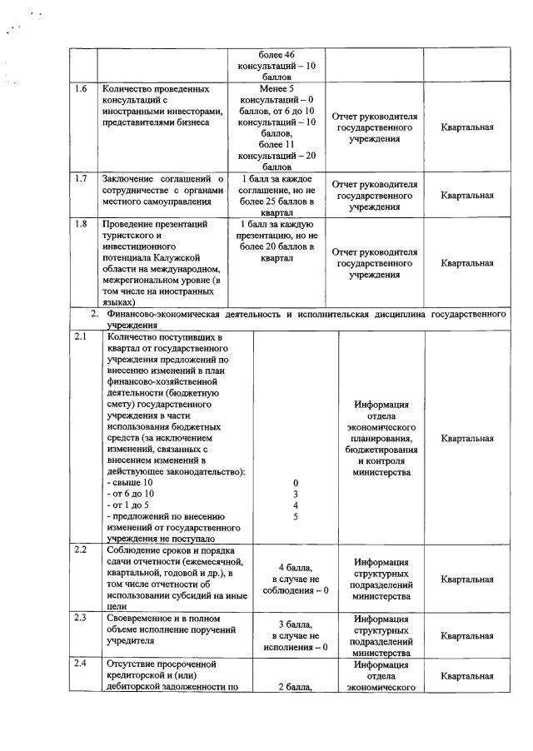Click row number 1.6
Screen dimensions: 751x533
[81, 87]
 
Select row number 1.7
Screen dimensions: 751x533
[81, 178]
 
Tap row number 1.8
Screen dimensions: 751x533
[81, 224]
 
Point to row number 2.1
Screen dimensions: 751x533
[81, 336]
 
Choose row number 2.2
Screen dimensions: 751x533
[81, 550]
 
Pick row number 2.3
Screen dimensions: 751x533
[81, 618]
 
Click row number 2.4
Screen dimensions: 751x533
[81, 664]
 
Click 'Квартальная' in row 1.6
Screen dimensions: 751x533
[467, 127]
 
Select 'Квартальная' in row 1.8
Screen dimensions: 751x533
[467, 263]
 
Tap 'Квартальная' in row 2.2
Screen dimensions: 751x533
[467, 579]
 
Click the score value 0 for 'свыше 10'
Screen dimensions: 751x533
[295, 483]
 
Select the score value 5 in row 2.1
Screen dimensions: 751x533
[295, 516]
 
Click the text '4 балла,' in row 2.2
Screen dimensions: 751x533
[295, 567]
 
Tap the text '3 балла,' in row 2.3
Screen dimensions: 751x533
[295, 624]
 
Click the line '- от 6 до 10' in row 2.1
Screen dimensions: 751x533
[132, 494]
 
